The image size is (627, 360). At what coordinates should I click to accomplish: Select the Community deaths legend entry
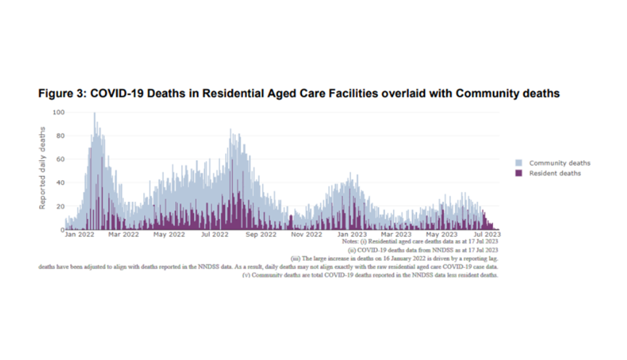click(559, 163)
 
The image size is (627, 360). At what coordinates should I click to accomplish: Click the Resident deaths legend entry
click(555, 173)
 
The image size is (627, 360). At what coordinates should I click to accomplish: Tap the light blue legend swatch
click(518, 163)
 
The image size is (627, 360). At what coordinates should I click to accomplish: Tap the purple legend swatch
click(518, 173)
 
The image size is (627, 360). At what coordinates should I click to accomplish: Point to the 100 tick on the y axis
click(56, 112)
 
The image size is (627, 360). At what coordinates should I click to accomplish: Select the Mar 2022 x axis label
click(124, 235)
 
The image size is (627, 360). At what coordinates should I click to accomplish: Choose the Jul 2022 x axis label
click(215, 235)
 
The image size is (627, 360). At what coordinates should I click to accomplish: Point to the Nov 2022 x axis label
click(306, 235)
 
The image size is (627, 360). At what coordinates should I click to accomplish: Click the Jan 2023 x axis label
click(353, 235)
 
